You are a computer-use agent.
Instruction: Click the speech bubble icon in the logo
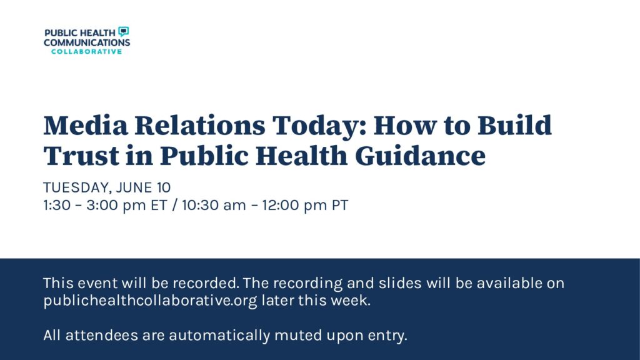123,31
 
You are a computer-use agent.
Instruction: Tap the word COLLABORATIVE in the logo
86,51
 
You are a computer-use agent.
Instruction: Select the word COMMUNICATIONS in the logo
87,42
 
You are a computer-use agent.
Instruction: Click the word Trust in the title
81,156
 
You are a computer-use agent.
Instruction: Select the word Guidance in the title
421,156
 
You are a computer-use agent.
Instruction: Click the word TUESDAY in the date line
77,187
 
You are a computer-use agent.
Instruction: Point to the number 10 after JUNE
164,187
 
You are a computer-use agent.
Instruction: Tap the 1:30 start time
57,205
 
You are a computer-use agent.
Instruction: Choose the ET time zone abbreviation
159,205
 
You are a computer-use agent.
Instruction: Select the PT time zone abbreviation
340,205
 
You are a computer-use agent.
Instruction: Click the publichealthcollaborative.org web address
150,301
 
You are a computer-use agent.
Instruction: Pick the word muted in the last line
298,336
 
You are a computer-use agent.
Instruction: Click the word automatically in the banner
219,336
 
